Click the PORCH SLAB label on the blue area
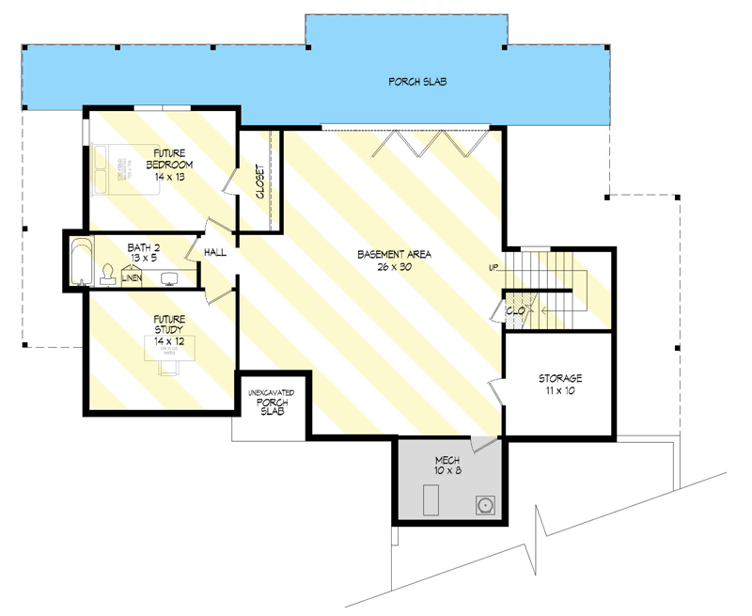click(417, 82)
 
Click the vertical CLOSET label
click(259, 182)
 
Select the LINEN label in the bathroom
click(133, 279)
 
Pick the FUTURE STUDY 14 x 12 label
click(170, 324)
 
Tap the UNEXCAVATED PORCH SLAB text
click(272, 402)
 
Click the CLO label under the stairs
click(515, 308)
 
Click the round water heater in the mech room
click(486, 504)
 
